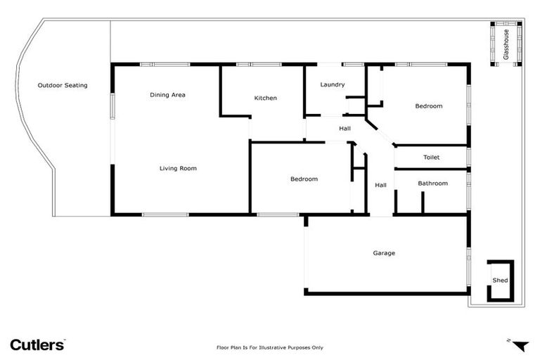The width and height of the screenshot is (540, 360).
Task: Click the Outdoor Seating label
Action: click(x=63, y=86)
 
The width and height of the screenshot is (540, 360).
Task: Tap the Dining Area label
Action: click(x=167, y=95)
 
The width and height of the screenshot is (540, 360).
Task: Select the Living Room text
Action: click(x=178, y=168)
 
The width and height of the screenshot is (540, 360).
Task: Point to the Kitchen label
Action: click(x=265, y=98)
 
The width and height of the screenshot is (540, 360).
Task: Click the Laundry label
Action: click(x=332, y=85)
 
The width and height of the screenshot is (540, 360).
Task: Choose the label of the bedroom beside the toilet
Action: click(x=428, y=106)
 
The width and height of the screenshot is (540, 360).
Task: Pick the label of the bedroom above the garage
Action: click(x=304, y=179)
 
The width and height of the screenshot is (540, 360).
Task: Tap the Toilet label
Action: click(x=431, y=157)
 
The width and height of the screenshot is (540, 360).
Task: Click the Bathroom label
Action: click(x=432, y=184)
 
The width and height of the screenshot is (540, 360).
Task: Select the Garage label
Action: click(x=384, y=253)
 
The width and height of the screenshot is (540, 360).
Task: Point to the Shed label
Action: click(x=500, y=281)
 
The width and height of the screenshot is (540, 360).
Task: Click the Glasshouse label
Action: click(x=506, y=43)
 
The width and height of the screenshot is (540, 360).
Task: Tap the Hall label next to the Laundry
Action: click(x=345, y=129)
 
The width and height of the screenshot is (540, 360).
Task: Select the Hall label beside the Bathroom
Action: click(x=380, y=186)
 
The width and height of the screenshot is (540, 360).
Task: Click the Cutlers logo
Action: click(x=37, y=345)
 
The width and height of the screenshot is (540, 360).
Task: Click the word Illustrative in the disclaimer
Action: click(x=274, y=347)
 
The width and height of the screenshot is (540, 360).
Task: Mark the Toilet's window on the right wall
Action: click(x=469, y=157)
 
